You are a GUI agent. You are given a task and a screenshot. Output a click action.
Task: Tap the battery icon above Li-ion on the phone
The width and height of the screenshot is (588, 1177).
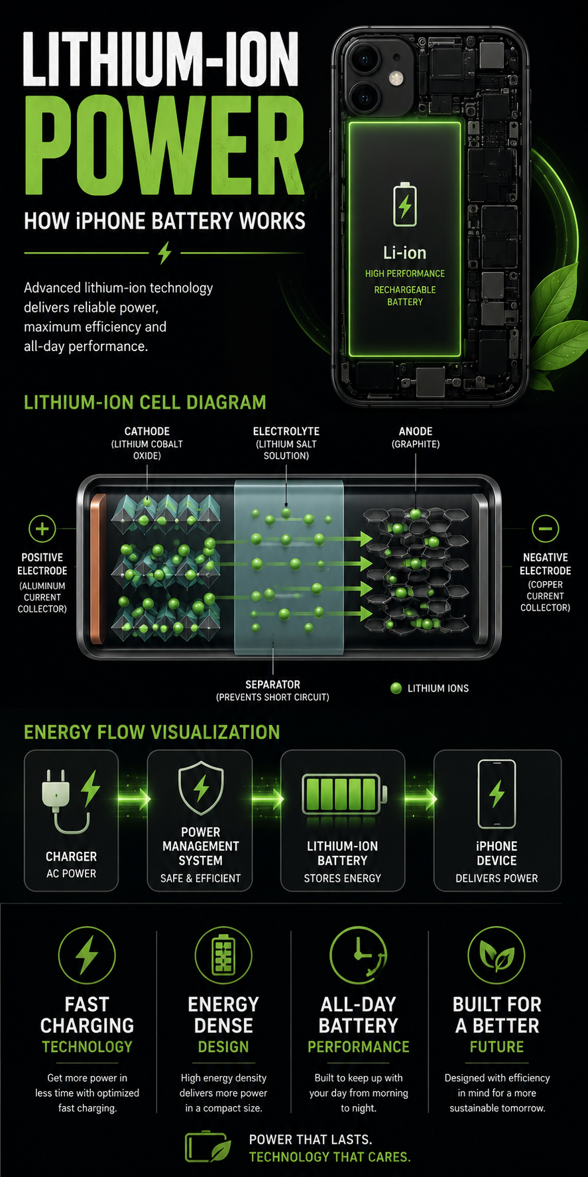click(404, 205)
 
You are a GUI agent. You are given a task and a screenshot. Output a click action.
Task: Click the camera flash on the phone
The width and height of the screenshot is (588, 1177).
click(397, 78)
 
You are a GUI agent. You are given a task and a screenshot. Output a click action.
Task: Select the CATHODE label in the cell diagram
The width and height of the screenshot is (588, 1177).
click(147, 431)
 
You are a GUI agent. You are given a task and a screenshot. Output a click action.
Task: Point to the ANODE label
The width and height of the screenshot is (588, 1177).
click(416, 431)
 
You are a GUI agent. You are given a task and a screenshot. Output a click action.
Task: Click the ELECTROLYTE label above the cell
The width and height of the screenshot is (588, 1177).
click(286, 431)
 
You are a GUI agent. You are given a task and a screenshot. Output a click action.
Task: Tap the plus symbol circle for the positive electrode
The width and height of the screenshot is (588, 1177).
click(42, 529)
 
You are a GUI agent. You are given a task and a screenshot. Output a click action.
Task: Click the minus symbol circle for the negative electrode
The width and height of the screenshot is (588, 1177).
click(546, 529)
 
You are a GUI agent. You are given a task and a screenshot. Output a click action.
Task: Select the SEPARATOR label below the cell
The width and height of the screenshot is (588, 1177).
click(272, 684)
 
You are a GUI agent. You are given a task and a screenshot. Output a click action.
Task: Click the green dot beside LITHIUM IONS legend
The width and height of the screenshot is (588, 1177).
click(396, 688)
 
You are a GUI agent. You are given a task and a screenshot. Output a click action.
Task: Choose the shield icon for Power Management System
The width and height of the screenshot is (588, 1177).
click(201, 788)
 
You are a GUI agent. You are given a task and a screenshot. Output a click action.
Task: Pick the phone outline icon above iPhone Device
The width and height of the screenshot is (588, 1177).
click(497, 794)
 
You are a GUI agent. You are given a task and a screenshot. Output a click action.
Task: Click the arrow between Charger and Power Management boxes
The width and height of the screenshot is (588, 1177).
click(133, 798)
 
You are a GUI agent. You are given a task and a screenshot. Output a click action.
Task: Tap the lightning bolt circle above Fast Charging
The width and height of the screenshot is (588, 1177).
click(87, 955)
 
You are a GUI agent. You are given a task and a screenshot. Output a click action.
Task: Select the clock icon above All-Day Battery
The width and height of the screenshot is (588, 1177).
click(359, 955)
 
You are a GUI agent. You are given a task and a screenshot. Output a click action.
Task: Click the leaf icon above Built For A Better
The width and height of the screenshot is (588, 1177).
click(497, 955)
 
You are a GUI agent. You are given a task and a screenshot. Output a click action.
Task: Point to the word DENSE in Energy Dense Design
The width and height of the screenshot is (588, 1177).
click(223, 1026)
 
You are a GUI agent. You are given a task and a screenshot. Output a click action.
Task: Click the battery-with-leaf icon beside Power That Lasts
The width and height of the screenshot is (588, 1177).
click(208, 1146)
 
